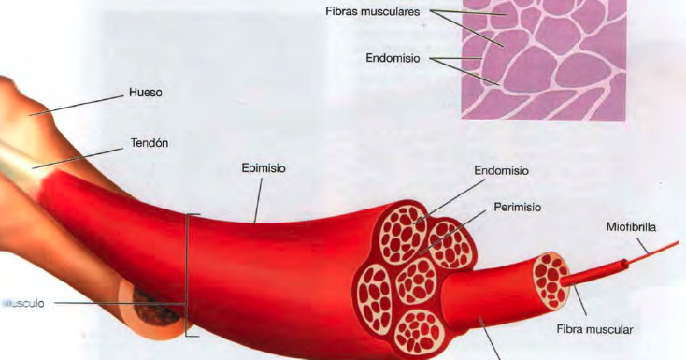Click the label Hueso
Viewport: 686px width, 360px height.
coord(144,94)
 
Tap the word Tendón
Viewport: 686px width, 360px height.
coord(149,144)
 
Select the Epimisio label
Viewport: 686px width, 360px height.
coord(263,169)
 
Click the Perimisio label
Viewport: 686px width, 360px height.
coord(518,206)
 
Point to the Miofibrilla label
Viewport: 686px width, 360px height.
coord(634,226)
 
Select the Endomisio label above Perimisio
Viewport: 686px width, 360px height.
coord(501,171)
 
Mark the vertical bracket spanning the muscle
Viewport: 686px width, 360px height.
coord(190,275)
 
